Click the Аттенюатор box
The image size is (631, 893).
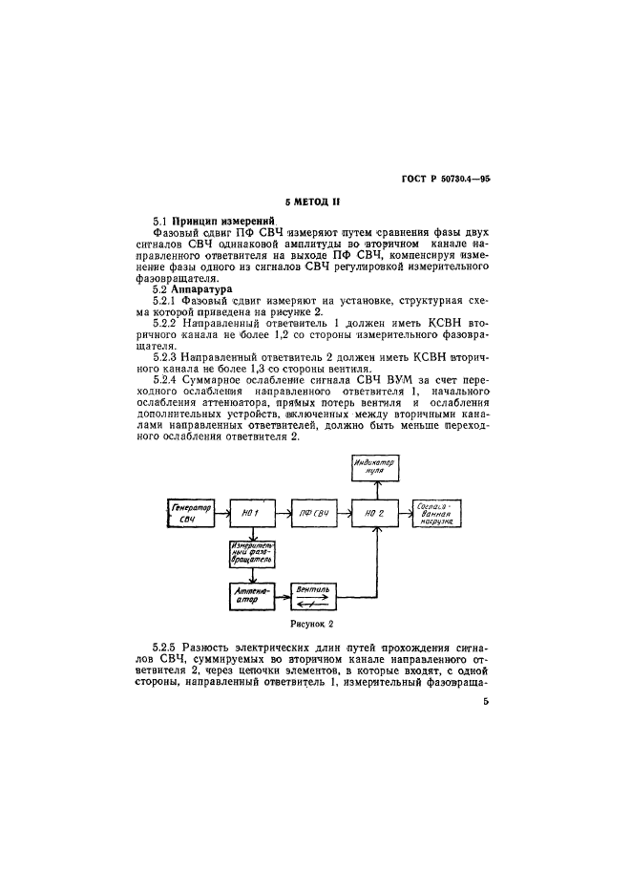tap(251, 597)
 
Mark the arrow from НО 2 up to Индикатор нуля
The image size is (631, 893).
tap(375, 489)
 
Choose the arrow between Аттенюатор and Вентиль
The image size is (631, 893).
tap(281, 597)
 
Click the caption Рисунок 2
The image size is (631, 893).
tap(313, 625)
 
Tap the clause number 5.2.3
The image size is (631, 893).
tap(170, 355)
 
